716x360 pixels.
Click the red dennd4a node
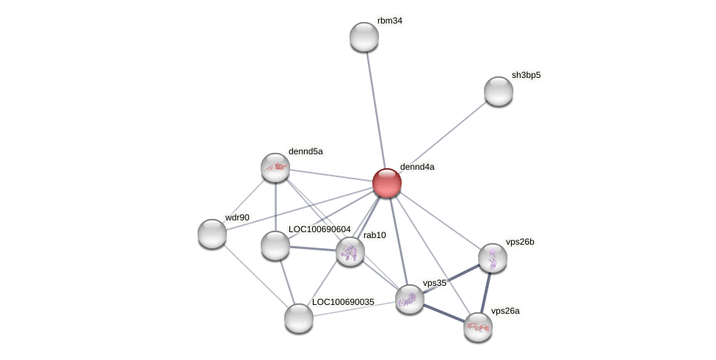(x=386, y=183)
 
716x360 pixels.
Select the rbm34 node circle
(x=364, y=37)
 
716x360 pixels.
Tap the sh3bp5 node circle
(x=498, y=91)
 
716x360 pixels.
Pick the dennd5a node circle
(x=275, y=168)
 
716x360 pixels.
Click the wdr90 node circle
(x=212, y=234)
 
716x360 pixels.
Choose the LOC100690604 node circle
(x=275, y=245)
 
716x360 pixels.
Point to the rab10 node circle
(x=350, y=251)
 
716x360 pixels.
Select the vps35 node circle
(x=409, y=299)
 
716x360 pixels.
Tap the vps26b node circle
(x=492, y=258)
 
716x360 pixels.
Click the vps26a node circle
(x=477, y=327)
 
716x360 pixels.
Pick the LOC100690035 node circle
(x=299, y=318)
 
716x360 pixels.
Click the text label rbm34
(x=389, y=21)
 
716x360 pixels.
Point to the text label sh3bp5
(x=526, y=75)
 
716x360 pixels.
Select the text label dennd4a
(x=416, y=167)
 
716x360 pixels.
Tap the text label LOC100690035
(x=343, y=302)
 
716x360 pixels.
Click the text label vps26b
(x=520, y=241)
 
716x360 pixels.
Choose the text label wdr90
(x=237, y=217)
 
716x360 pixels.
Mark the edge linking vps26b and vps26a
(x=485, y=292)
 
